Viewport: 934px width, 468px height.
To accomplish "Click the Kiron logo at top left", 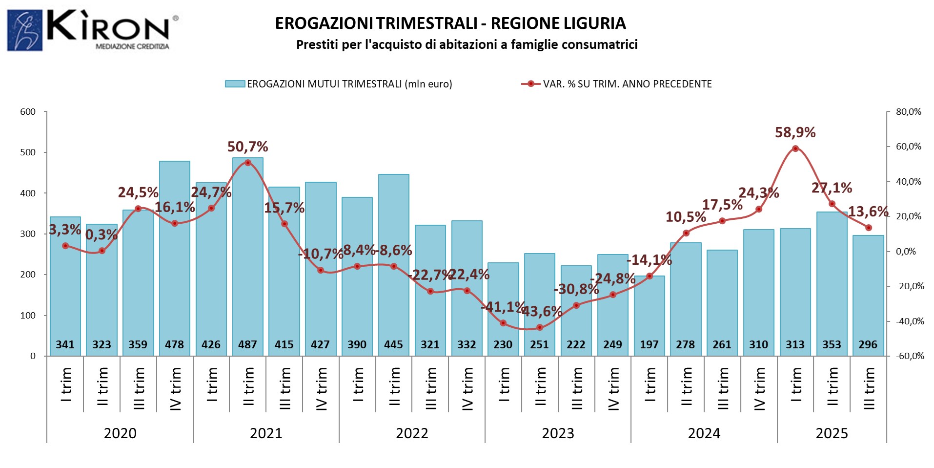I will pos(93,30).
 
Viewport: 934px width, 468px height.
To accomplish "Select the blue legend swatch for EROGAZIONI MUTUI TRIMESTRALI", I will pos(235,84).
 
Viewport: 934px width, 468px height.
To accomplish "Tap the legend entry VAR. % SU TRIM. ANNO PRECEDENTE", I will pos(627,84).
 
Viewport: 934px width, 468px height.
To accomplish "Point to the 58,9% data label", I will pos(795,132).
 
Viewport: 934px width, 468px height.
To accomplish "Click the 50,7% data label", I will pos(247,147).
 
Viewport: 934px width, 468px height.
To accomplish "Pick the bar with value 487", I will pos(247,254).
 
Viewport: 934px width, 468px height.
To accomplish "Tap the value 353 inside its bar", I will pos(832,345).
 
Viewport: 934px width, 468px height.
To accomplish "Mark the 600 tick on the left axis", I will pos(28,112).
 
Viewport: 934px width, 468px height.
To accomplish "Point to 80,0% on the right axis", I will pos(908,112).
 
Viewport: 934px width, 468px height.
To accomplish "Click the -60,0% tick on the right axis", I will pos(910,356).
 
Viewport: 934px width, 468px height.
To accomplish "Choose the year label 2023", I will pos(558,433).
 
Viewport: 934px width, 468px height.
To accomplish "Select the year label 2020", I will pos(120,433).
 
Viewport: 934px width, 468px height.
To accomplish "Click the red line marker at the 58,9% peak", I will pos(795,149).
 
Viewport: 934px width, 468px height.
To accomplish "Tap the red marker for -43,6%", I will pos(540,327).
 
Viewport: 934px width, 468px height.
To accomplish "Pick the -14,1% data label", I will pos(649,260).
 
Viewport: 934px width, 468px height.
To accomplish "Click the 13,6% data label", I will pos(868,212).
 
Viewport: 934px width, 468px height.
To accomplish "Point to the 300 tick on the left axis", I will pos(28,234).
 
